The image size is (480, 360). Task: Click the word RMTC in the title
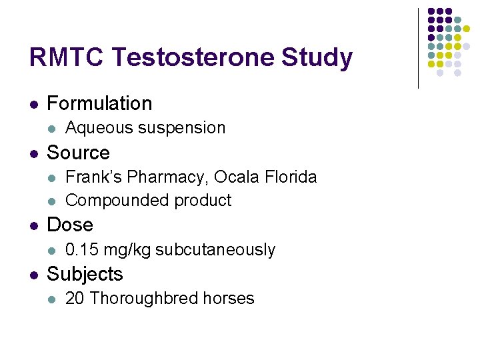[65, 58]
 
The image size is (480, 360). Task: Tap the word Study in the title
[317, 58]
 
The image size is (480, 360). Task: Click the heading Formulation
[99, 103]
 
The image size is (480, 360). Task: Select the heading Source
[78, 153]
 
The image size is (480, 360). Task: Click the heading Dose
[70, 225]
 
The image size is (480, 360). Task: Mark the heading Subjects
[85, 274]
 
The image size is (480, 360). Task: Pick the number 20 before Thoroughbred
[75, 299]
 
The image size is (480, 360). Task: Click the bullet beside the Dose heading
[33, 225]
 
